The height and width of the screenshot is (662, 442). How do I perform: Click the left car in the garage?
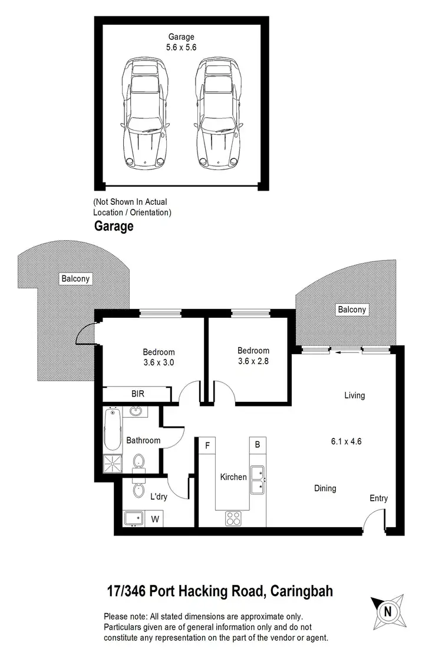(x=144, y=112)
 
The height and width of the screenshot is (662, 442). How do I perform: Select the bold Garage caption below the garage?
(x=114, y=226)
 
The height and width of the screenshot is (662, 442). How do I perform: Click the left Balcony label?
(x=75, y=278)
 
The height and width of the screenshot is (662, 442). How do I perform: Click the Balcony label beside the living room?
(x=352, y=310)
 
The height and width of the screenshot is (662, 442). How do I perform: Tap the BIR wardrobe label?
(x=137, y=394)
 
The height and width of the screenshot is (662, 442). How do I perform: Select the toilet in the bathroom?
(x=138, y=461)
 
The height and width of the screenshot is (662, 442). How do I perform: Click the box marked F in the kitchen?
(x=207, y=445)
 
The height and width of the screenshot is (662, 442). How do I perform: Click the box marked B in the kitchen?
(x=258, y=445)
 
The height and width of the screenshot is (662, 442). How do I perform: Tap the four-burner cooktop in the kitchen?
(x=233, y=518)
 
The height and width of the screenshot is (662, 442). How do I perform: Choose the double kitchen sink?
(x=258, y=480)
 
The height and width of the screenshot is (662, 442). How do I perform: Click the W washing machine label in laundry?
(x=156, y=519)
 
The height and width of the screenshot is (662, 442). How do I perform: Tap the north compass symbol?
(x=387, y=611)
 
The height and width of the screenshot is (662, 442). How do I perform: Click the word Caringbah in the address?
(x=302, y=591)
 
